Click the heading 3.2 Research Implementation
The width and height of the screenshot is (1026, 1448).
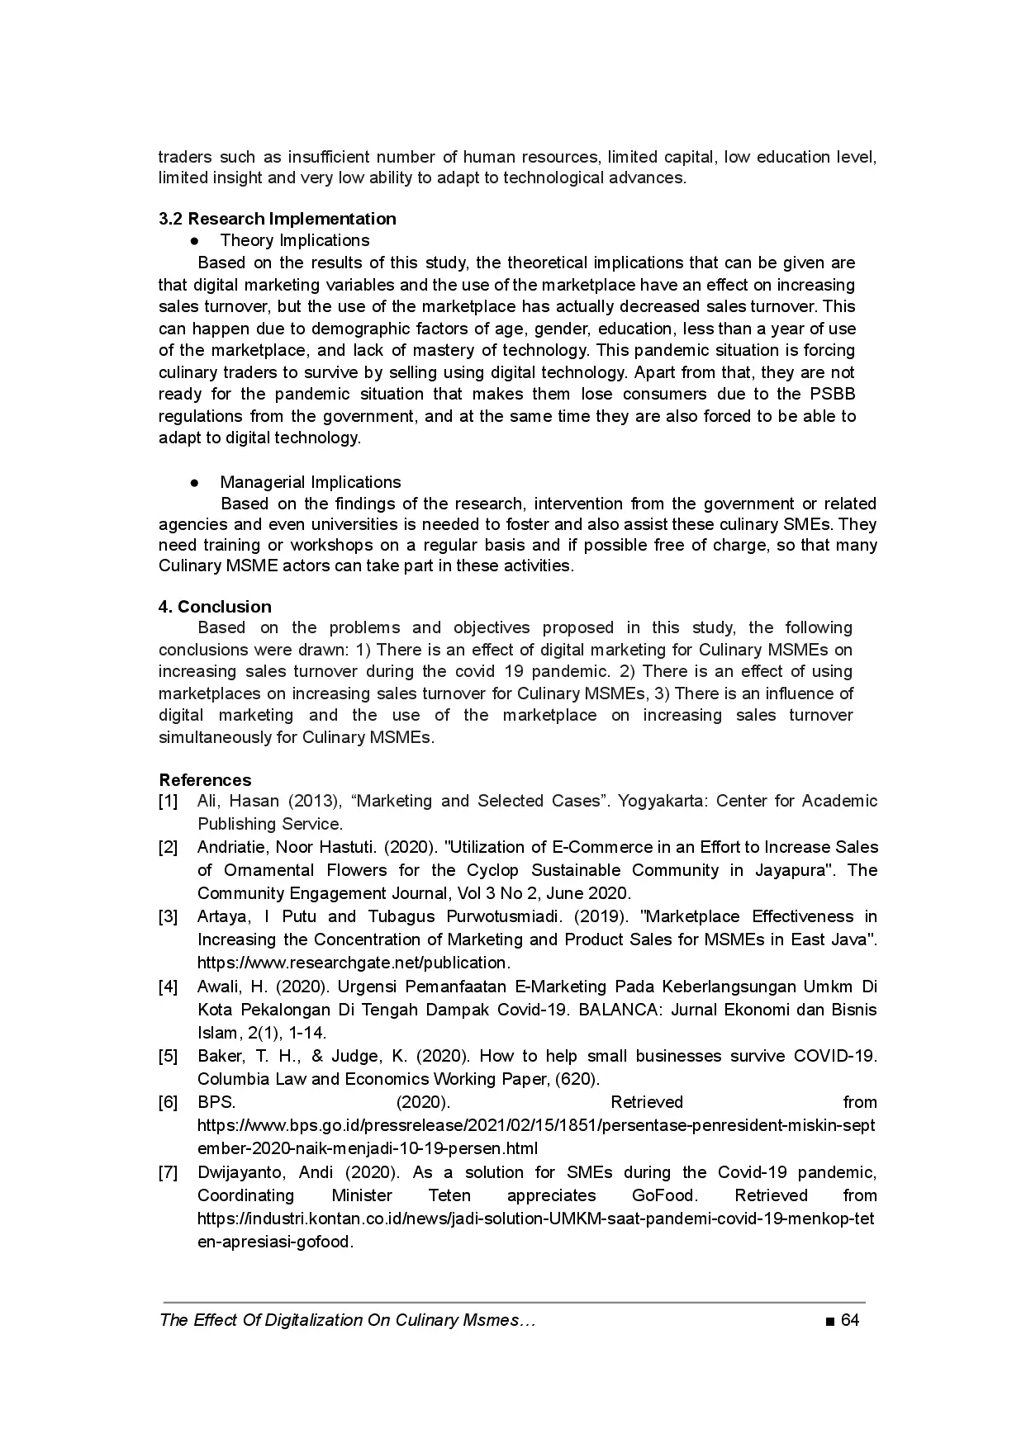tap(277, 219)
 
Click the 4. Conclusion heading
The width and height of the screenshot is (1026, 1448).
tap(215, 607)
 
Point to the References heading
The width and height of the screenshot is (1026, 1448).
tap(205, 780)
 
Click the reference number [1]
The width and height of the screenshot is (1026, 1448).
tap(168, 802)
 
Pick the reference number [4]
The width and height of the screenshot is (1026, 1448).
tap(168, 987)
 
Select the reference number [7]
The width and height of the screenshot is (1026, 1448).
tap(168, 1173)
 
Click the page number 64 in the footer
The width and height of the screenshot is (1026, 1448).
tap(850, 1320)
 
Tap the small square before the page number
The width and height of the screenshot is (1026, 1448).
tap(829, 1321)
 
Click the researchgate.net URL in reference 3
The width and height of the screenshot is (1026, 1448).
tap(354, 963)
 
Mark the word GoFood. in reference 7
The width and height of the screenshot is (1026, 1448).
tap(664, 1195)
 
